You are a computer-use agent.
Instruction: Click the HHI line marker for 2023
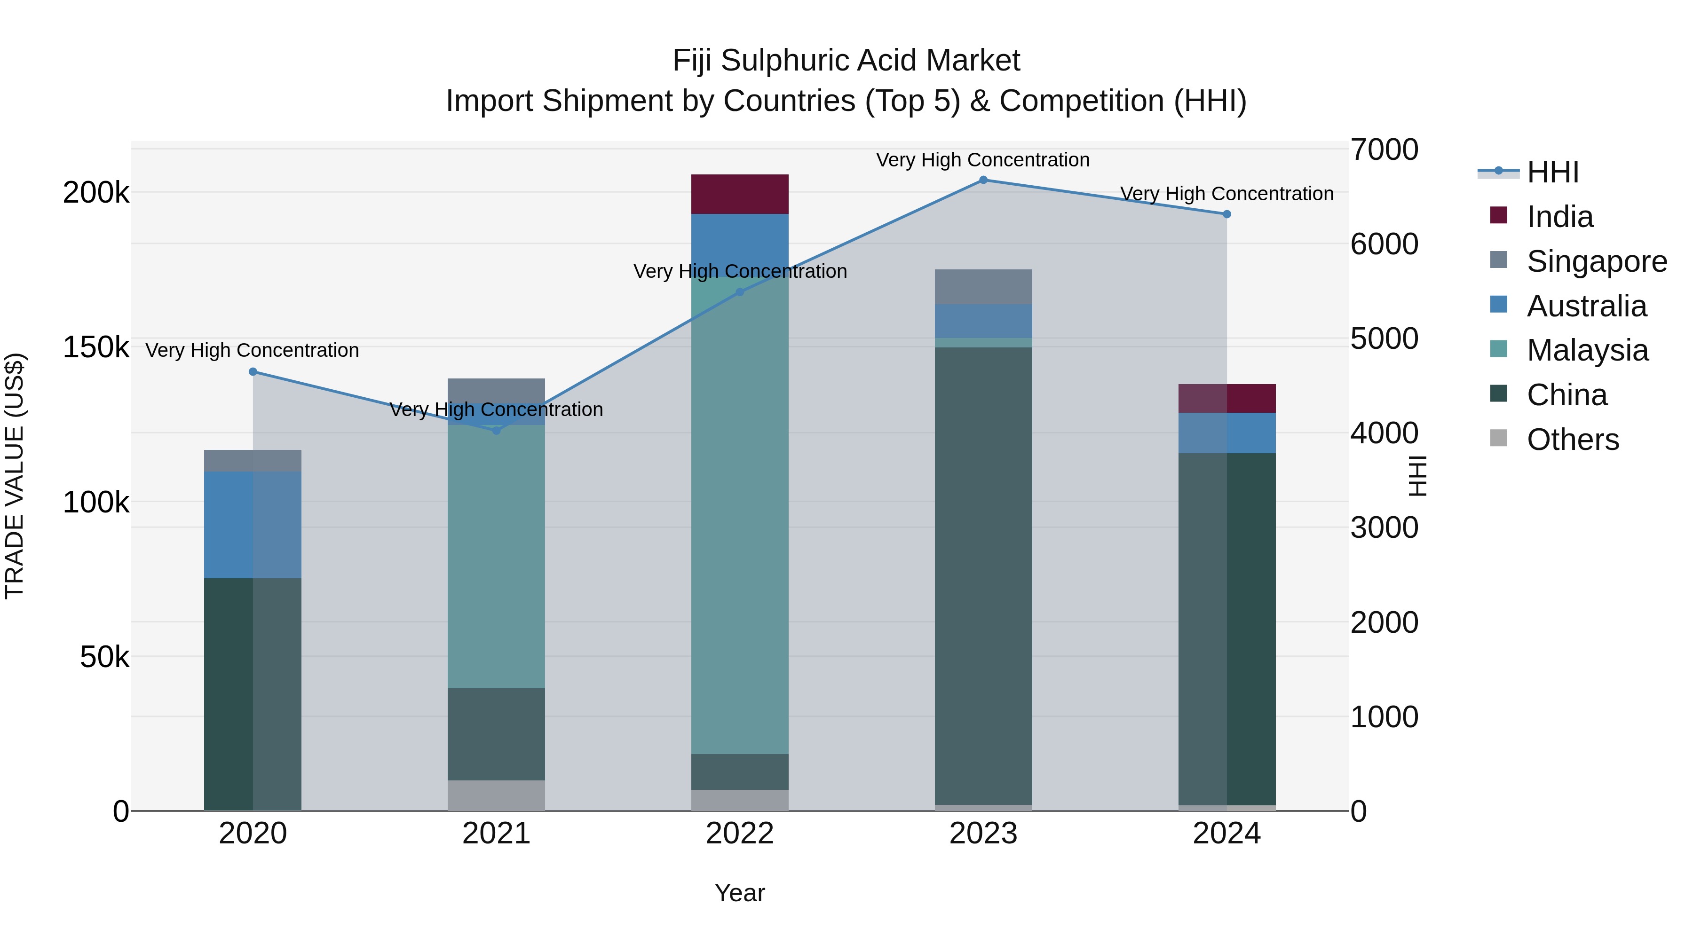click(x=983, y=180)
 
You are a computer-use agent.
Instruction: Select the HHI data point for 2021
click(x=496, y=430)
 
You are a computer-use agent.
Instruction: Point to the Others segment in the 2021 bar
click(x=496, y=795)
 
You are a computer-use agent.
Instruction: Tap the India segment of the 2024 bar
click(x=1226, y=398)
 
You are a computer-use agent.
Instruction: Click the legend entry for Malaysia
click(x=1587, y=350)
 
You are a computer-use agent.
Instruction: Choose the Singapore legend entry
click(x=1596, y=261)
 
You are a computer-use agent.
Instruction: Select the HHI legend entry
click(x=1552, y=172)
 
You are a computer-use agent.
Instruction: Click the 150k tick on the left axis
click(x=96, y=347)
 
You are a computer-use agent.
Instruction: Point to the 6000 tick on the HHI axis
click(x=1384, y=244)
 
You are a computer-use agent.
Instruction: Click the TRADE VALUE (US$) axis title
click(x=15, y=476)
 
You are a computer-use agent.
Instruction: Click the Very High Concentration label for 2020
click(x=253, y=350)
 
